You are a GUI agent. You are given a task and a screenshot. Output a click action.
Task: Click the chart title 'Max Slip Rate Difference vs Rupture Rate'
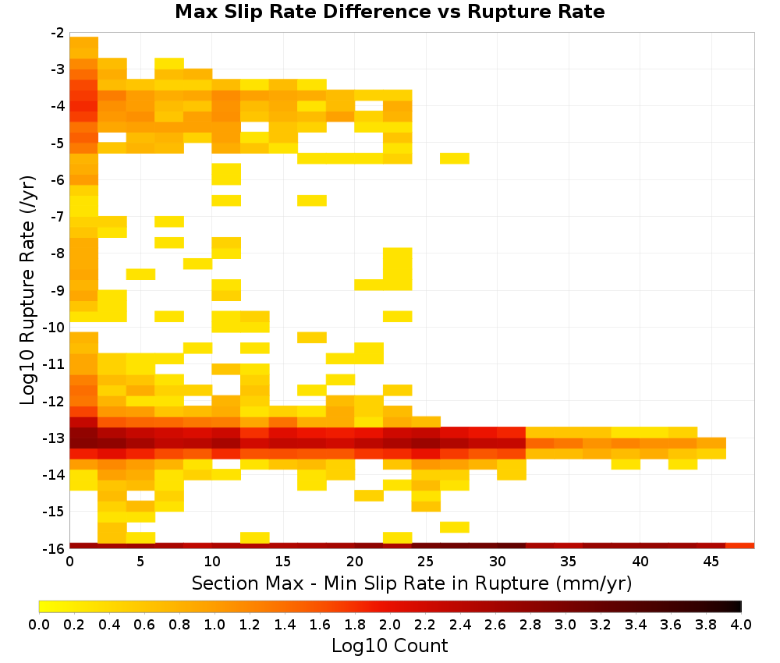(x=389, y=12)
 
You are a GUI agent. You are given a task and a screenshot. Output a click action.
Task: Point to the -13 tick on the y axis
(x=58, y=438)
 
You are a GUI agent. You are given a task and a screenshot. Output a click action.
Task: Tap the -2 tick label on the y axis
(x=58, y=33)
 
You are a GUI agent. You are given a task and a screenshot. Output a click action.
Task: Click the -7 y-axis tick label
(x=58, y=217)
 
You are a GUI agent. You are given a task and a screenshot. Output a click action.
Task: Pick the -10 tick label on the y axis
(x=55, y=328)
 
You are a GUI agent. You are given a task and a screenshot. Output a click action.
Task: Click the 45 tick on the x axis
(x=711, y=562)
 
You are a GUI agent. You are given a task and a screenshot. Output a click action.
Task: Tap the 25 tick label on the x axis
(x=426, y=562)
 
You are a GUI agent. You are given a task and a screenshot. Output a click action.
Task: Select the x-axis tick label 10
(x=212, y=562)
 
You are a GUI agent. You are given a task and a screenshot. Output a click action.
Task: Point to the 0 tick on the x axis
(x=69, y=562)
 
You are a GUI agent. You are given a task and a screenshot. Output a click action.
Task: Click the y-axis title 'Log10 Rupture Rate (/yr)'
(x=27, y=290)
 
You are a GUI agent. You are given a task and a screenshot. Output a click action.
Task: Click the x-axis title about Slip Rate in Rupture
(x=412, y=583)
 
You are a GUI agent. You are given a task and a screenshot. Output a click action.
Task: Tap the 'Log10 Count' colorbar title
(x=389, y=646)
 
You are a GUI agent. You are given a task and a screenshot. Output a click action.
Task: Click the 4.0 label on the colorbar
(x=741, y=625)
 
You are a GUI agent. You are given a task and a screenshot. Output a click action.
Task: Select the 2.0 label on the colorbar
(x=390, y=625)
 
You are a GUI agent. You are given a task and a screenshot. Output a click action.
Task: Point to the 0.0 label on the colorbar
(x=39, y=625)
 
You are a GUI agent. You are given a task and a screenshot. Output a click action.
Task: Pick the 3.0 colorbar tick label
(x=565, y=625)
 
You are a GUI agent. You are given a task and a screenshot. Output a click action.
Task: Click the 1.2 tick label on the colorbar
(x=250, y=625)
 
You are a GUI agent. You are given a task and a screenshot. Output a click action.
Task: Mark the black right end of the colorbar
(x=740, y=606)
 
